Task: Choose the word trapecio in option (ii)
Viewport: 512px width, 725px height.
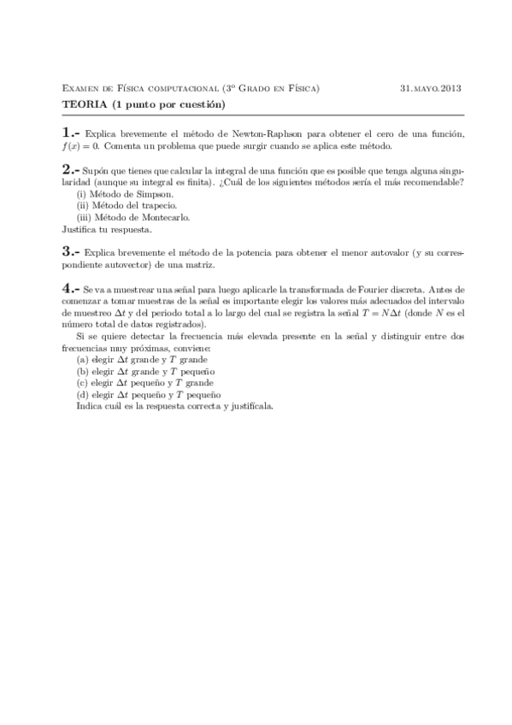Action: (x=160, y=206)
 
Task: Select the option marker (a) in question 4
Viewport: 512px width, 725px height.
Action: (x=82, y=361)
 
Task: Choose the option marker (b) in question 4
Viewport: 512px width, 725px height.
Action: (x=82, y=373)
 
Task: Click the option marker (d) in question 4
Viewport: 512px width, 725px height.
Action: (x=82, y=396)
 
